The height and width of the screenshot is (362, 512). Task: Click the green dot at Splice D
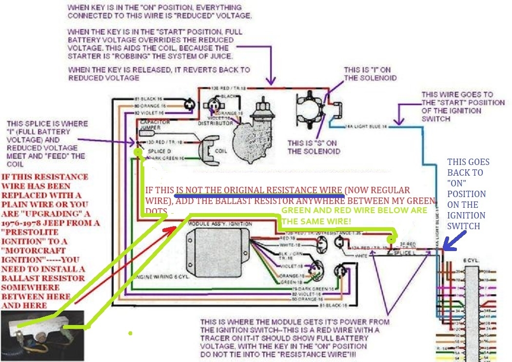click(138, 152)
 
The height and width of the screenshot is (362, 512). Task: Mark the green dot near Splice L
click(391, 240)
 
